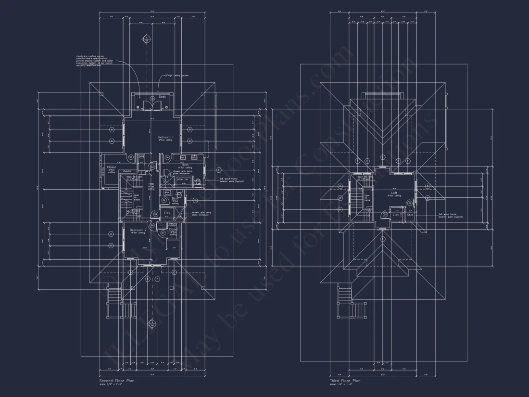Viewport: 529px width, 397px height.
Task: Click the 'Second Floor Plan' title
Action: click(116, 380)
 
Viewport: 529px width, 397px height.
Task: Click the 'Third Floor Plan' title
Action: click(345, 380)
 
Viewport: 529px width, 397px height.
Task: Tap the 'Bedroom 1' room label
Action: click(166, 137)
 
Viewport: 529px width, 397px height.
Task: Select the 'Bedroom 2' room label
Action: click(138, 230)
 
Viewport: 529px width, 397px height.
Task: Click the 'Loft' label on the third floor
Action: click(394, 193)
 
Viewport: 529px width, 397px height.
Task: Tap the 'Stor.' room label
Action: click(410, 215)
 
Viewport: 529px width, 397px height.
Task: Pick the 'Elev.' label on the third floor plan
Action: click(396, 215)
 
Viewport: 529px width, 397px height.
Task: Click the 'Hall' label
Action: click(151, 184)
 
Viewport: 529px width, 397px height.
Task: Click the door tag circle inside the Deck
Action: click(152, 98)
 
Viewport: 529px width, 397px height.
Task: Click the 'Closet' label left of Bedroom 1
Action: click(111, 167)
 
